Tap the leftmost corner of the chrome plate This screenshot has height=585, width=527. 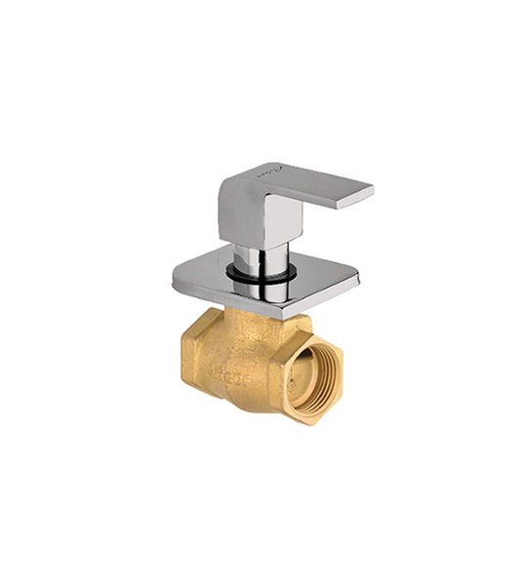[177, 282]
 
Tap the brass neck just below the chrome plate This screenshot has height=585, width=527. [249, 322]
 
